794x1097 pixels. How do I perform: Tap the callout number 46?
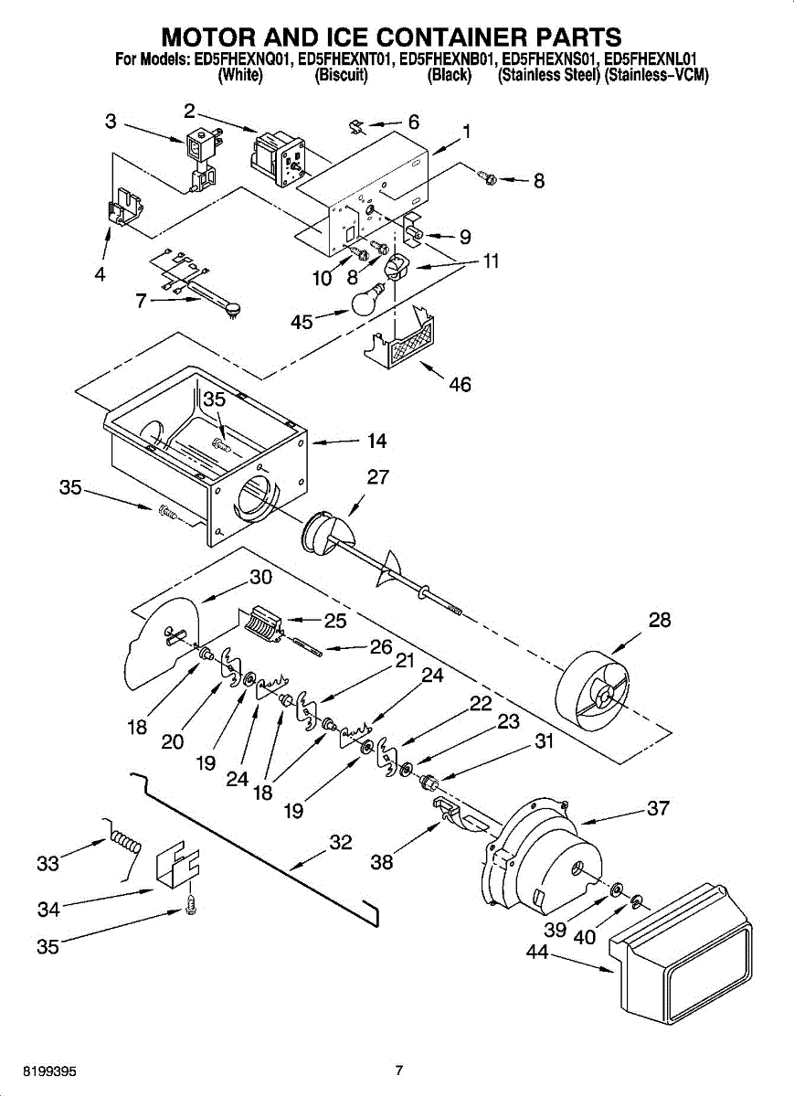point(460,385)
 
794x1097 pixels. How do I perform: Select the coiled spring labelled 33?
point(125,838)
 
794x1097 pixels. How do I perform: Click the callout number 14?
point(376,441)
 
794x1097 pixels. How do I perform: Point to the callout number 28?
point(659,620)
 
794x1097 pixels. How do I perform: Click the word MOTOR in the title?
point(216,37)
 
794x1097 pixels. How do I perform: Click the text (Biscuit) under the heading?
point(341,76)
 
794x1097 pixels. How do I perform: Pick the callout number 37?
point(658,808)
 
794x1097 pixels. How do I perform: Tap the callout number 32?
point(340,842)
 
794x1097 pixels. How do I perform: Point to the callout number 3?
point(111,121)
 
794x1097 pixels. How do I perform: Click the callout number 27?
point(378,476)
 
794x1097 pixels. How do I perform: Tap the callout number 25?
point(335,621)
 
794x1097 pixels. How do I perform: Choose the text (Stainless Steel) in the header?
point(548,76)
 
